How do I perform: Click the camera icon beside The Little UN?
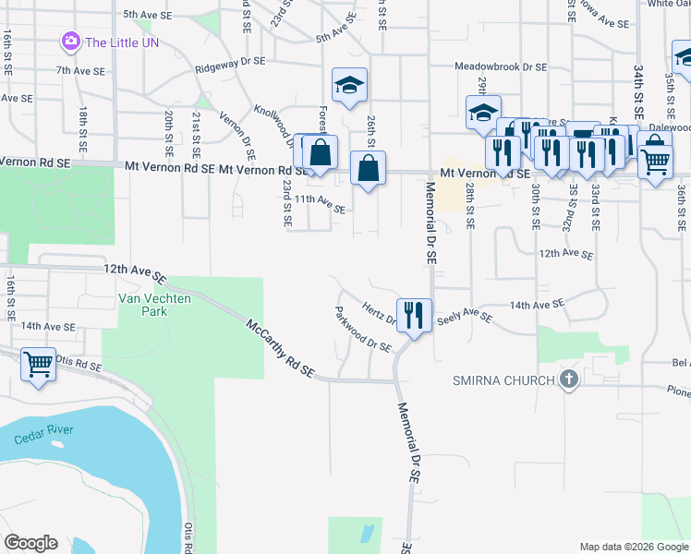point(70,42)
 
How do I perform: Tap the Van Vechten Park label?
point(142,305)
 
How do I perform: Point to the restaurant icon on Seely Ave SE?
point(413,315)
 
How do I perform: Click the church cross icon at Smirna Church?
point(568,379)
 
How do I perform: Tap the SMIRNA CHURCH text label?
point(503,380)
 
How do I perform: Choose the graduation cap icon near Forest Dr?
point(350,85)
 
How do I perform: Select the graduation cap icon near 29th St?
point(483,113)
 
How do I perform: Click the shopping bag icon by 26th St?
point(368,168)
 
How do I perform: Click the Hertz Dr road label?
point(379,314)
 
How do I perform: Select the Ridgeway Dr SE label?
point(230,65)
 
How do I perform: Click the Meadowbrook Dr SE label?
point(502,67)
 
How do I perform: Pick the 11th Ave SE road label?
point(320,203)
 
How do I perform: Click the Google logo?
point(31,543)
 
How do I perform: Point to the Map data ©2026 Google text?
point(633,547)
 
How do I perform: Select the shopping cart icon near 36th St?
point(655,163)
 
